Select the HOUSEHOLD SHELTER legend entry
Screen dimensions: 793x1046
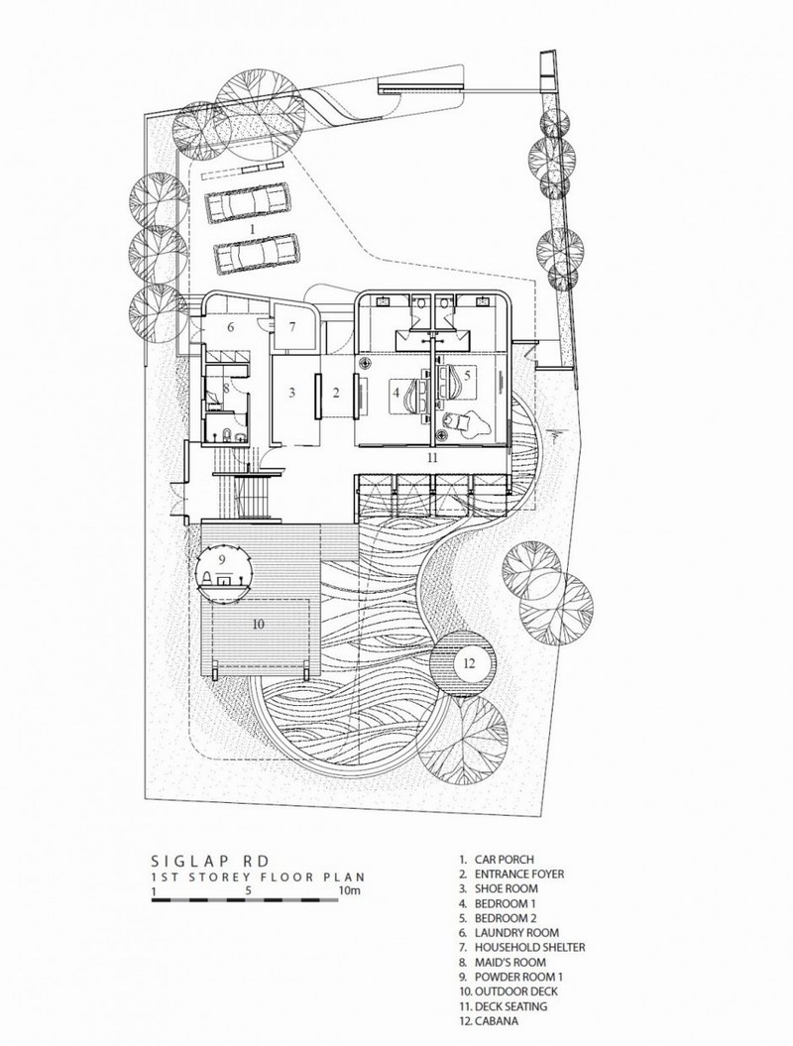coord(522,947)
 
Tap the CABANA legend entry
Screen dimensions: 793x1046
coord(489,1020)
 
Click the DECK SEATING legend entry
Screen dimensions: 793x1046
coord(503,1005)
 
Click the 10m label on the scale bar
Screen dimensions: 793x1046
coord(350,890)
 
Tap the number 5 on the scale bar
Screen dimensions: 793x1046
coord(248,890)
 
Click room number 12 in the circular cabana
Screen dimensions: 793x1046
coord(468,663)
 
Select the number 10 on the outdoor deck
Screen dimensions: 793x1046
coord(259,624)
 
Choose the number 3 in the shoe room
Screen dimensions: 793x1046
coord(291,393)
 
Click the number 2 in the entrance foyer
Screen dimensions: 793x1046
coord(336,393)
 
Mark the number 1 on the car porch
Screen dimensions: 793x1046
coord(252,228)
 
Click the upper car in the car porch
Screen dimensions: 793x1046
coord(248,202)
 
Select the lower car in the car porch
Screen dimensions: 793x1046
coord(256,253)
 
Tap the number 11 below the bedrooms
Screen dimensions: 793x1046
coord(433,458)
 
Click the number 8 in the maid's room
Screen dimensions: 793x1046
coord(226,387)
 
